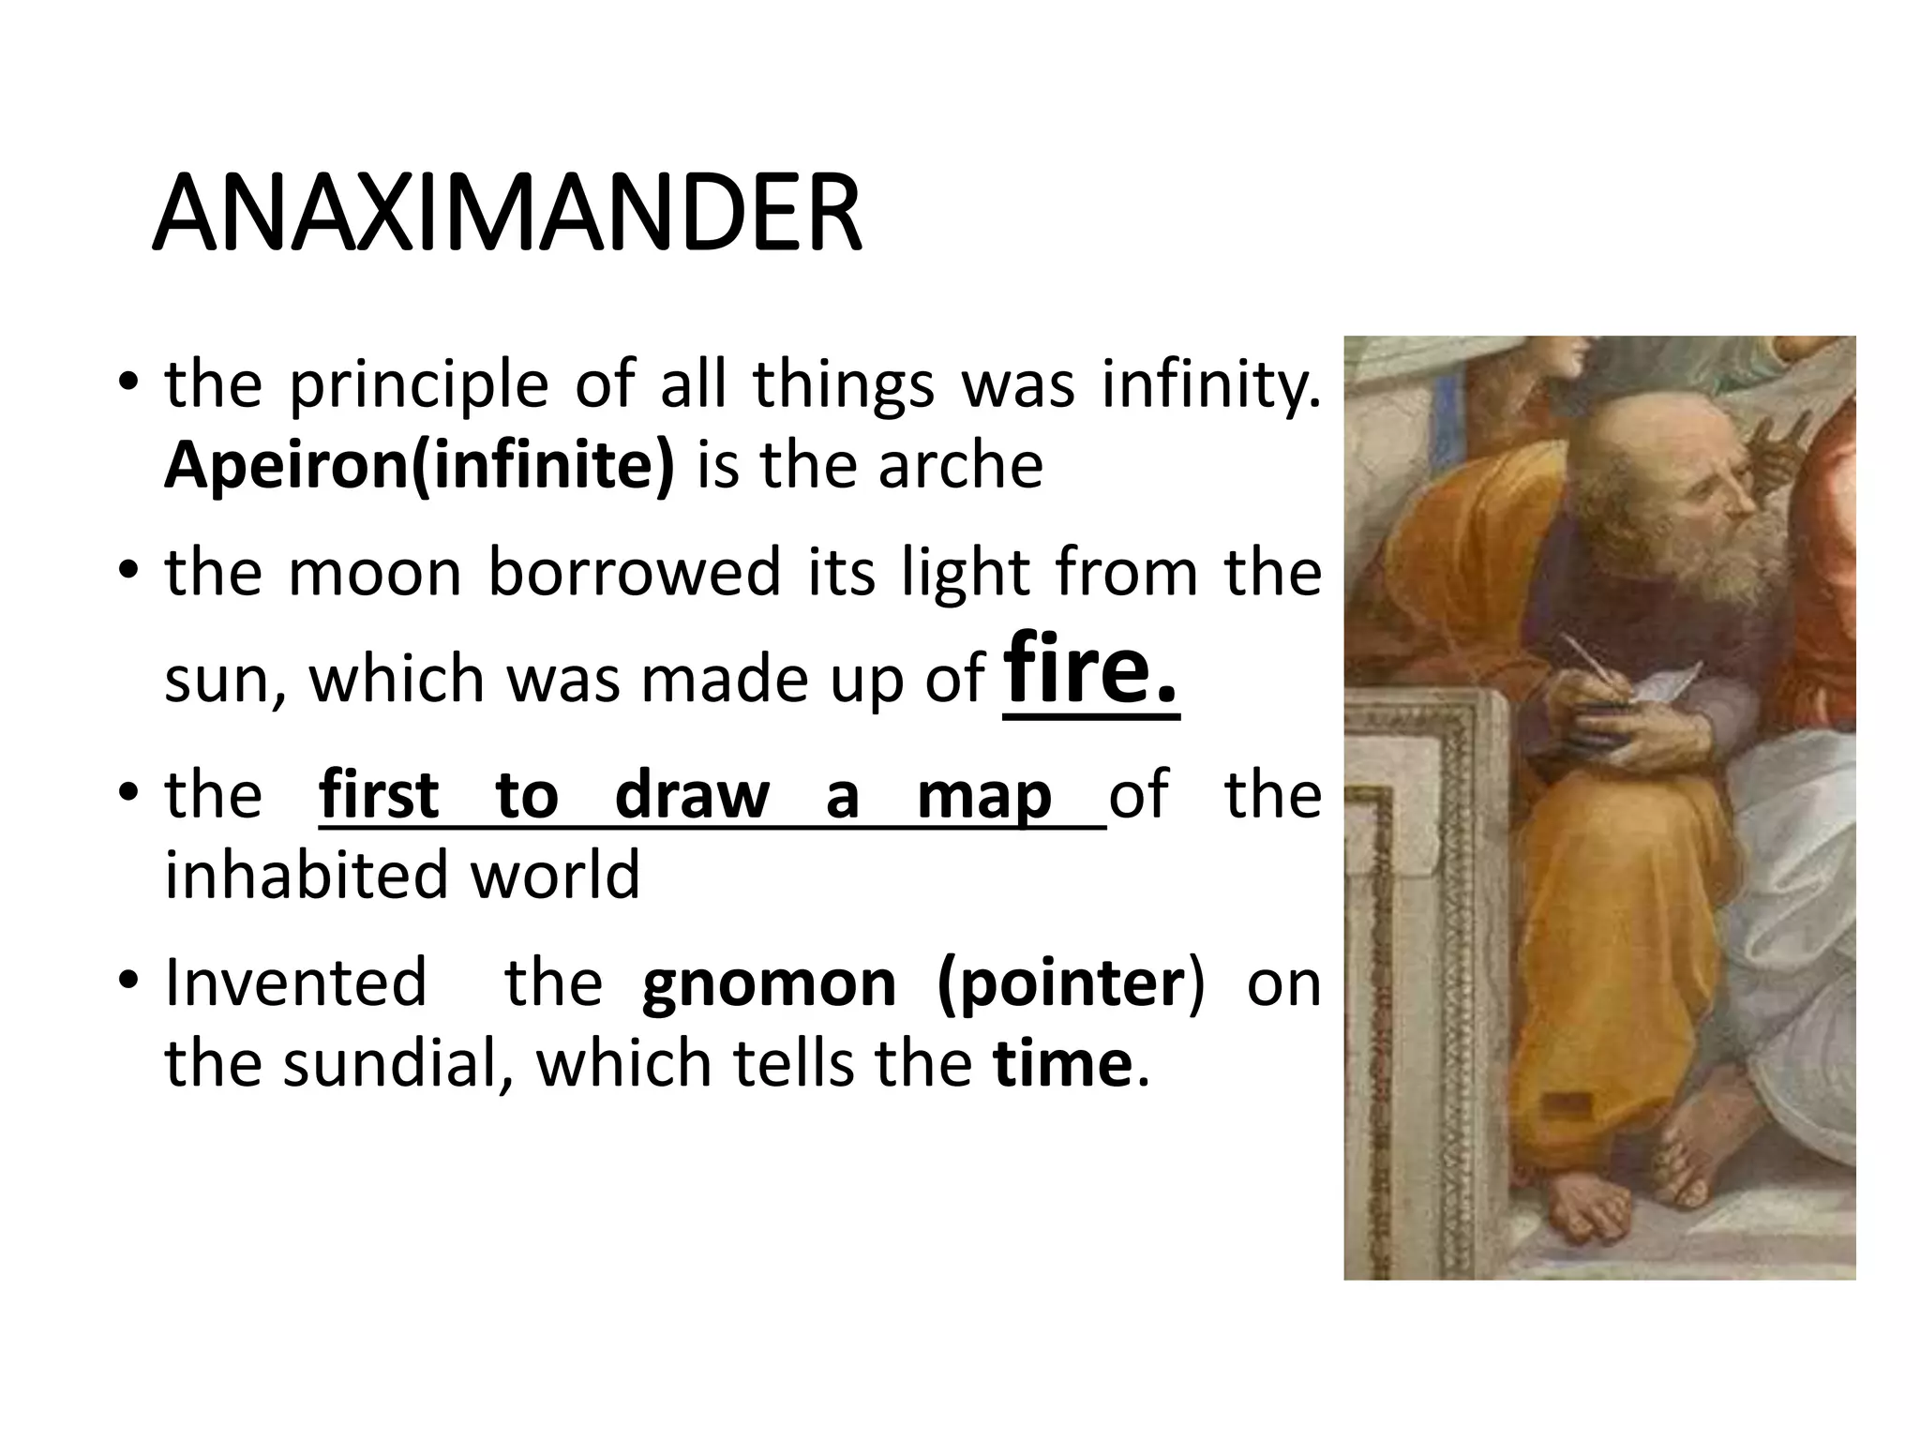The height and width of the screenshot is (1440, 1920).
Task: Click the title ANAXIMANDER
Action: point(506,214)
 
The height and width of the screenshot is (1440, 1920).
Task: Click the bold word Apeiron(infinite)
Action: point(419,466)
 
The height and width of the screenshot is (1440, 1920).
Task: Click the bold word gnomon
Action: point(769,983)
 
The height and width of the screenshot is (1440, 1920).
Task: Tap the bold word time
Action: point(1062,1064)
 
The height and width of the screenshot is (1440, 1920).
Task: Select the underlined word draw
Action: point(692,795)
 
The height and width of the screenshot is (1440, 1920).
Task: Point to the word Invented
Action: point(295,983)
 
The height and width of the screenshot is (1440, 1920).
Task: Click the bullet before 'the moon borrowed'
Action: point(129,570)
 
